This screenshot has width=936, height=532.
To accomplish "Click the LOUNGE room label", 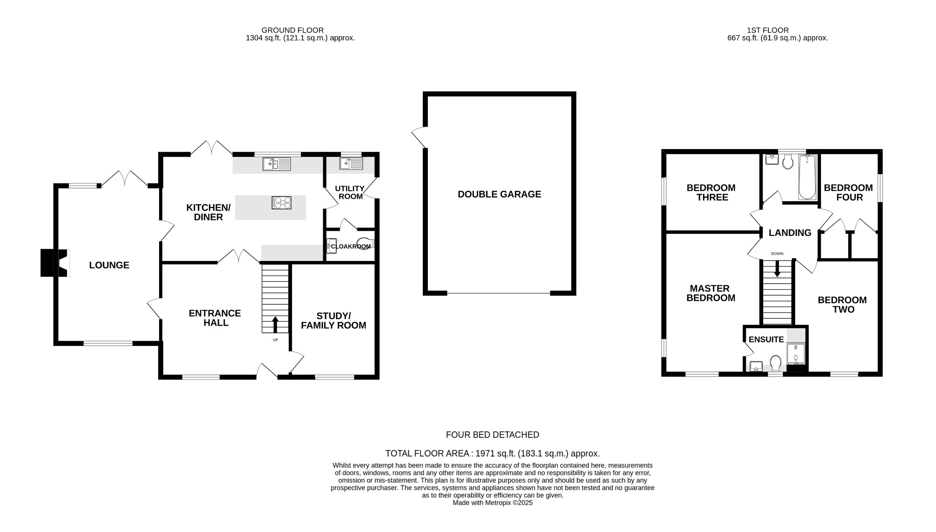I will (x=109, y=265).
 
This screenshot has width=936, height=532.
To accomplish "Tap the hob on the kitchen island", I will (x=282, y=202).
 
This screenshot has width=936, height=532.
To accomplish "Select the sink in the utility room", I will (x=351, y=163).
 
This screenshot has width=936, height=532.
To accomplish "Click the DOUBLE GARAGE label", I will (x=499, y=194).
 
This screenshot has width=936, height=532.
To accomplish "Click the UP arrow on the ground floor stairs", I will (x=275, y=325).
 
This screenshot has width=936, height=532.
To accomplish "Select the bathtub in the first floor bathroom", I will (x=807, y=177).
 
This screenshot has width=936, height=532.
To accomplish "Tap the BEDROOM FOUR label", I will (x=848, y=192).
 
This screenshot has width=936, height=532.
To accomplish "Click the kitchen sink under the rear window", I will (x=277, y=164).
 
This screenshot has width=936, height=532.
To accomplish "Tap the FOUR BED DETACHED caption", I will (x=492, y=435).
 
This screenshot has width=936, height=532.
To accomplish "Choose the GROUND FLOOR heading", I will (x=292, y=30).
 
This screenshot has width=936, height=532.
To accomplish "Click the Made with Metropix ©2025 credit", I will (x=492, y=503).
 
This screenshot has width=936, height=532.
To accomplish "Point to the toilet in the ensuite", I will (x=775, y=363).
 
